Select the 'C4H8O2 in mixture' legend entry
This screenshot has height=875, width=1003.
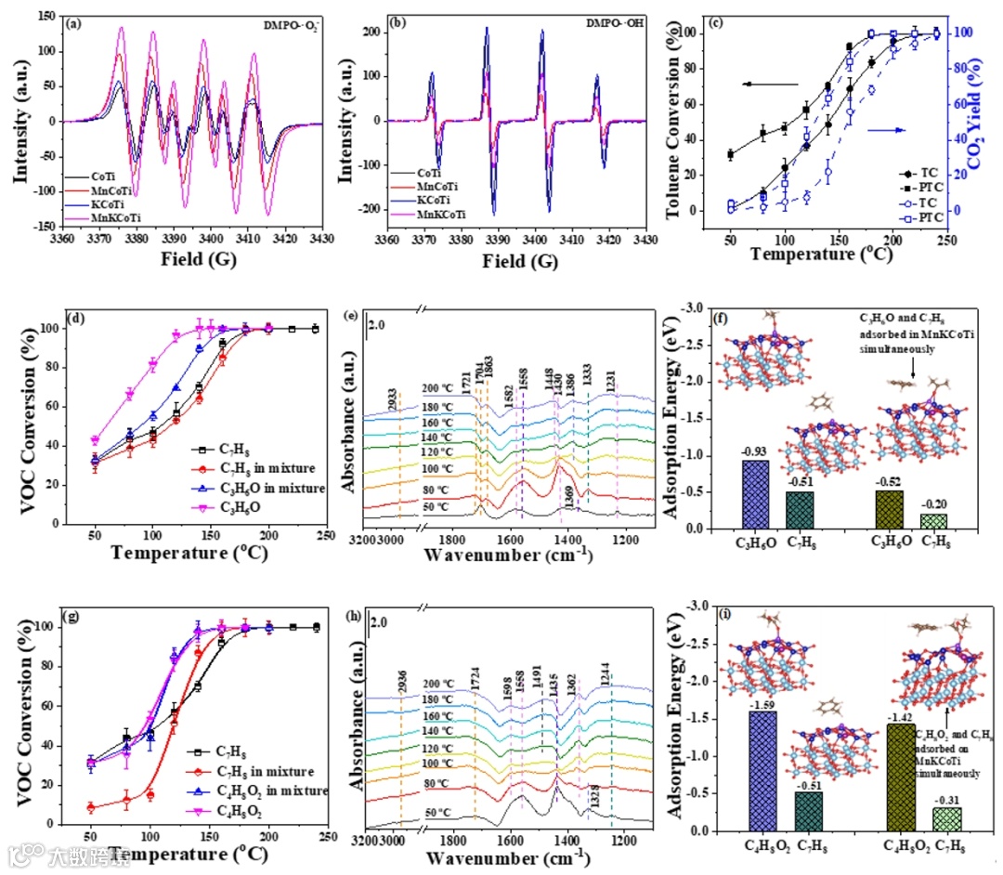pyautogui.click(x=275, y=790)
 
